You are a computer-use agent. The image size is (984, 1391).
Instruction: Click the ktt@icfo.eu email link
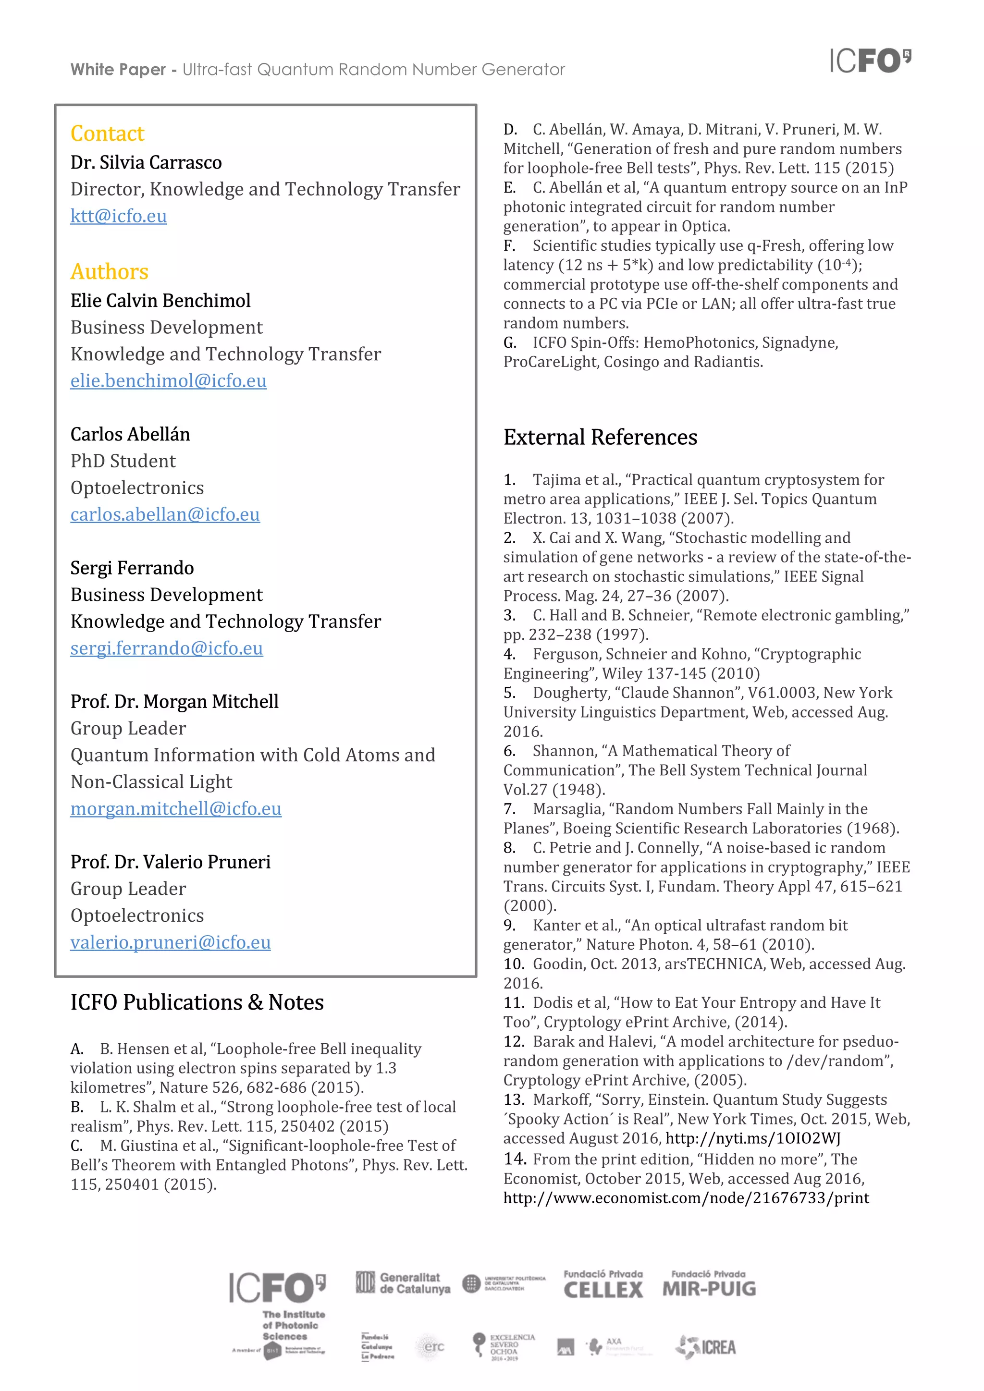tap(118, 216)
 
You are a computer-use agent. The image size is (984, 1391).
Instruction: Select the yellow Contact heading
tap(107, 133)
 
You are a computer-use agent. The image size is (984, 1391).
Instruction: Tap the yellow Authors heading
tap(109, 271)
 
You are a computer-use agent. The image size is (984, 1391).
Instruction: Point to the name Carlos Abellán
tap(130, 434)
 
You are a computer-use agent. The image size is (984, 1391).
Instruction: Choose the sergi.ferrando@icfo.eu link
tap(166, 648)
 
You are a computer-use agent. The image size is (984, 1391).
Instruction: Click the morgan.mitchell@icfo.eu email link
tap(176, 809)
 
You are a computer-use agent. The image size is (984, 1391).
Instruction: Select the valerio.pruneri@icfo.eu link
tap(170, 943)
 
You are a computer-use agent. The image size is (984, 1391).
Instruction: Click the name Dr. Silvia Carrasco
tap(146, 163)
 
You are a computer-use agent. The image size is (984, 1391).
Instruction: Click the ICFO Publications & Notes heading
tap(197, 1002)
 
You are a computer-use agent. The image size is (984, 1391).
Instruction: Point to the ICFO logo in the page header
tap(870, 61)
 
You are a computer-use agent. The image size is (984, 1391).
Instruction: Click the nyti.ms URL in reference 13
tap(752, 1138)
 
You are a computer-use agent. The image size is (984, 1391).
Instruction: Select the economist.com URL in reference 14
tap(686, 1198)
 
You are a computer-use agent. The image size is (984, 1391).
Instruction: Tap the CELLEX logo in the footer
tap(603, 1285)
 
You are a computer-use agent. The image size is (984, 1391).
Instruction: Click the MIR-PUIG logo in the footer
tap(709, 1285)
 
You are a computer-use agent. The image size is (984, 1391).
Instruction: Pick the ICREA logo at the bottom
tap(706, 1347)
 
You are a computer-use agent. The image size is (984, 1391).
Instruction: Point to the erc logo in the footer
tap(432, 1347)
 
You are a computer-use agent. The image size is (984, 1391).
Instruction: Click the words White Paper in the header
tap(118, 70)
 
